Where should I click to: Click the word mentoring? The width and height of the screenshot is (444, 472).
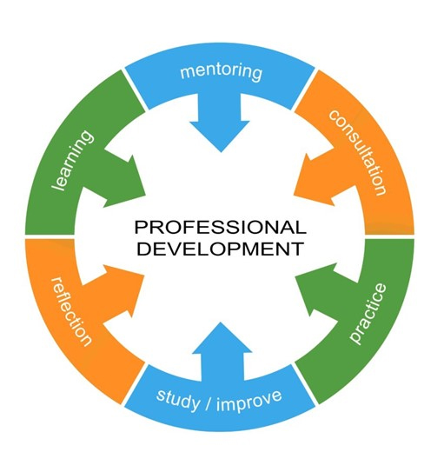(221, 72)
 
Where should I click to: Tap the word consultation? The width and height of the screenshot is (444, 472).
(358, 152)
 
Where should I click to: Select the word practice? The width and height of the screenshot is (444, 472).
(368, 313)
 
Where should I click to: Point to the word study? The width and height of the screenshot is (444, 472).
(178, 400)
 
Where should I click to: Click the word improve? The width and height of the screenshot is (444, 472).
(249, 401)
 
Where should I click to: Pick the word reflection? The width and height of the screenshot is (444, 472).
(70, 311)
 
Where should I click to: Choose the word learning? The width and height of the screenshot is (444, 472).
(72, 161)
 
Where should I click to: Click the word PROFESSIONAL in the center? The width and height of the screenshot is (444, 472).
(220, 227)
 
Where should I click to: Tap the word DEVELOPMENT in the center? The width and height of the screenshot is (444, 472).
(220, 249)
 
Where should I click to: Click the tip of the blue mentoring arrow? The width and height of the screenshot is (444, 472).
(221, 152)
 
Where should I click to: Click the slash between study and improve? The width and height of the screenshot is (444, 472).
(209, 402)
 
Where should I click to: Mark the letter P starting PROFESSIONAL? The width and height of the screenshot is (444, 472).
(141, 228)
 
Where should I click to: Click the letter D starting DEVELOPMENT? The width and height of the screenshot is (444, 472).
(143, 249)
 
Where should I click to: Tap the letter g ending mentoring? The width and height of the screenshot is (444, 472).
(257, 75)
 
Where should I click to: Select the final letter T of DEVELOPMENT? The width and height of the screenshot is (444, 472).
(296, 249)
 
